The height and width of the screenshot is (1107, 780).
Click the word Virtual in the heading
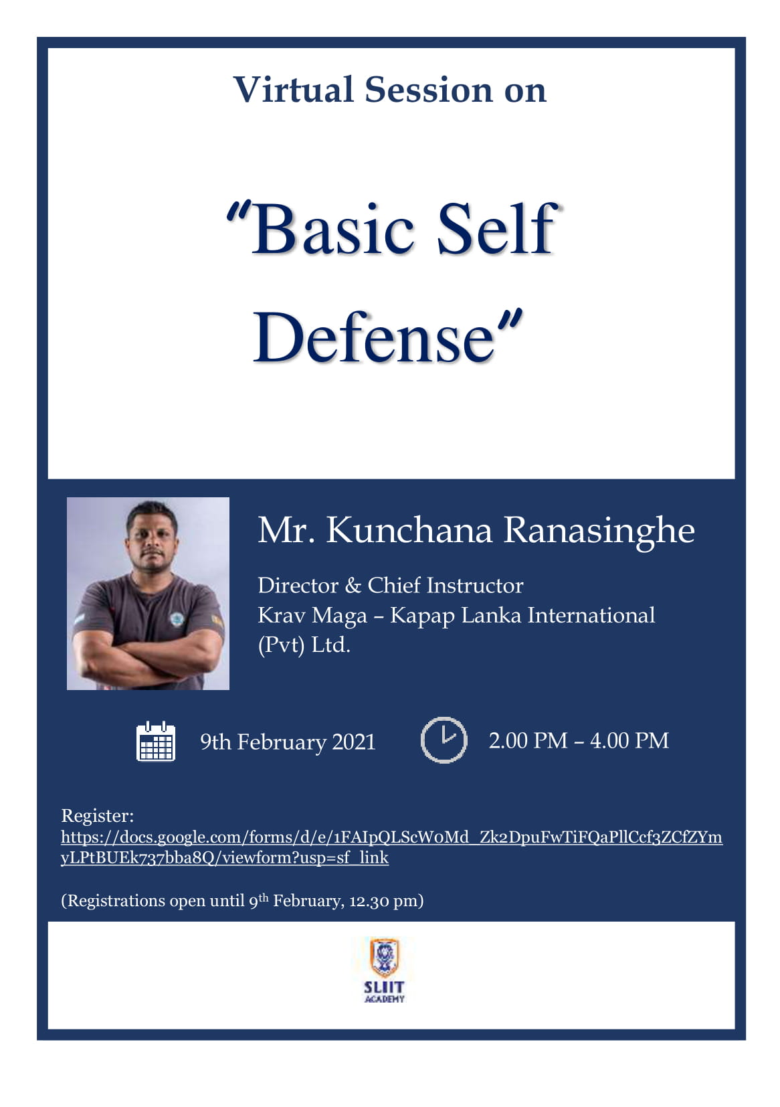coord(294,90)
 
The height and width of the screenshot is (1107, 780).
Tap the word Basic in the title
coord(332,230)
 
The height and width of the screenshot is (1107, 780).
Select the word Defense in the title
coord(374,337)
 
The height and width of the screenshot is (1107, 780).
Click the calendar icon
coord(156,742)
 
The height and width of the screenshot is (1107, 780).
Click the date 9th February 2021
coord(288,742)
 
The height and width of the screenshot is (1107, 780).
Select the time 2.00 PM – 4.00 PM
coord(579,741)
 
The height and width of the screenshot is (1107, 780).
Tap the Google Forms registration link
coord(391,847)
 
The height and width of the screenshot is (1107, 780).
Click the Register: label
coord(97,815)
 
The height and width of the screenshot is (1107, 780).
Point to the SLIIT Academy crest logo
coord(384,958)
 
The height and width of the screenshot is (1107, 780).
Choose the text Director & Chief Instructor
coord(390,586)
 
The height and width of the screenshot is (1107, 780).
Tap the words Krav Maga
coord(312,616)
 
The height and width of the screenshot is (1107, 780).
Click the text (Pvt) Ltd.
coord(304,645)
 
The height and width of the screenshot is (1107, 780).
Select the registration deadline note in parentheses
coord(242,900)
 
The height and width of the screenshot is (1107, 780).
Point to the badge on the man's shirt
coord(175,618)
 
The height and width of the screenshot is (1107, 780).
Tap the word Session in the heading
coord(429,90)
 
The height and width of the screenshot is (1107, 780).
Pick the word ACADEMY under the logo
coord(385,999)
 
